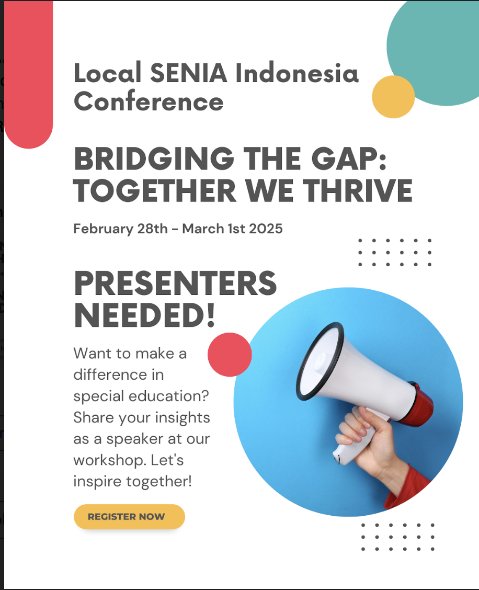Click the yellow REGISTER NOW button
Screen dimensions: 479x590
tap(129, 517)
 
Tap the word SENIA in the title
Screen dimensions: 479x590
tap(188, 73)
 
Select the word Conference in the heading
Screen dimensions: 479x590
tap(149, 101)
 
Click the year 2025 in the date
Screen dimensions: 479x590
tap(266, 229)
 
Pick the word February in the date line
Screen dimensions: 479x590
tap(103, 229)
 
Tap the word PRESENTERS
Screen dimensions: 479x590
tap(175, 283)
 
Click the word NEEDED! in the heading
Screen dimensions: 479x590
tap(144, 315)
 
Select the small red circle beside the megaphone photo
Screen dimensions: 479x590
tap(230, 355)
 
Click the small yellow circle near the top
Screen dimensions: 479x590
tap(393, 97)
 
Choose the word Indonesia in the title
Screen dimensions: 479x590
tap(297, 73)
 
